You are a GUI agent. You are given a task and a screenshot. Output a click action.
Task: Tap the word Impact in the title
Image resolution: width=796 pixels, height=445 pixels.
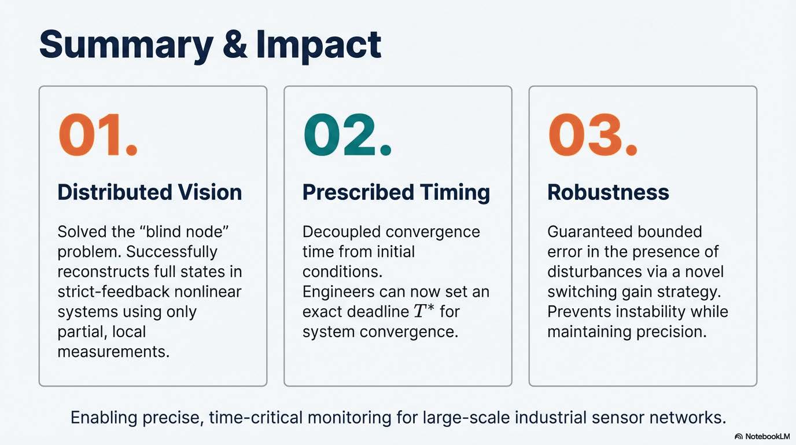pos(319,46)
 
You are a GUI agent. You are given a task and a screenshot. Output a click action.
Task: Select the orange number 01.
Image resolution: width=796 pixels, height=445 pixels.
pos(98,134)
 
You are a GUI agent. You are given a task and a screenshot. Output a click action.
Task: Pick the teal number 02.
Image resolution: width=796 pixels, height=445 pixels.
pos(347,134)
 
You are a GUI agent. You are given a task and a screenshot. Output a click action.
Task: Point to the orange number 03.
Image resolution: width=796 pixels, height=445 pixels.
pos(592,134)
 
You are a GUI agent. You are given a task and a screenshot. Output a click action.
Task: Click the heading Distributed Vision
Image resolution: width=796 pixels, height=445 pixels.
pos(150,192)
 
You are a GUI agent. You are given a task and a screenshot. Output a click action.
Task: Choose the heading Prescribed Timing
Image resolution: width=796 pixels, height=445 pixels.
pos(396,192)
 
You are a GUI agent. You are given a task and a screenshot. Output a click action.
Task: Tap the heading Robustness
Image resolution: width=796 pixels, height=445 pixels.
pos(608,192)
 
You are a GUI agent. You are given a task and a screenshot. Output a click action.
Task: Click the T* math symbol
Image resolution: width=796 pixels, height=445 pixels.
pos(423,311)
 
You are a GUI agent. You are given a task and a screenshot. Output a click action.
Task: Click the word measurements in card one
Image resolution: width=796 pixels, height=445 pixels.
pos(113,352)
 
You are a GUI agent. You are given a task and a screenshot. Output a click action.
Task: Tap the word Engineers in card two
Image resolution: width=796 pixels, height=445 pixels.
pos(338,292)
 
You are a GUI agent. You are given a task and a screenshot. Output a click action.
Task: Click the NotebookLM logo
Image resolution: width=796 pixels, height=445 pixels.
pos(762,436)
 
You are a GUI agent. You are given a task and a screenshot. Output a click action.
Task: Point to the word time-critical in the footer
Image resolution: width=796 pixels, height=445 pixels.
pos(256,417)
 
